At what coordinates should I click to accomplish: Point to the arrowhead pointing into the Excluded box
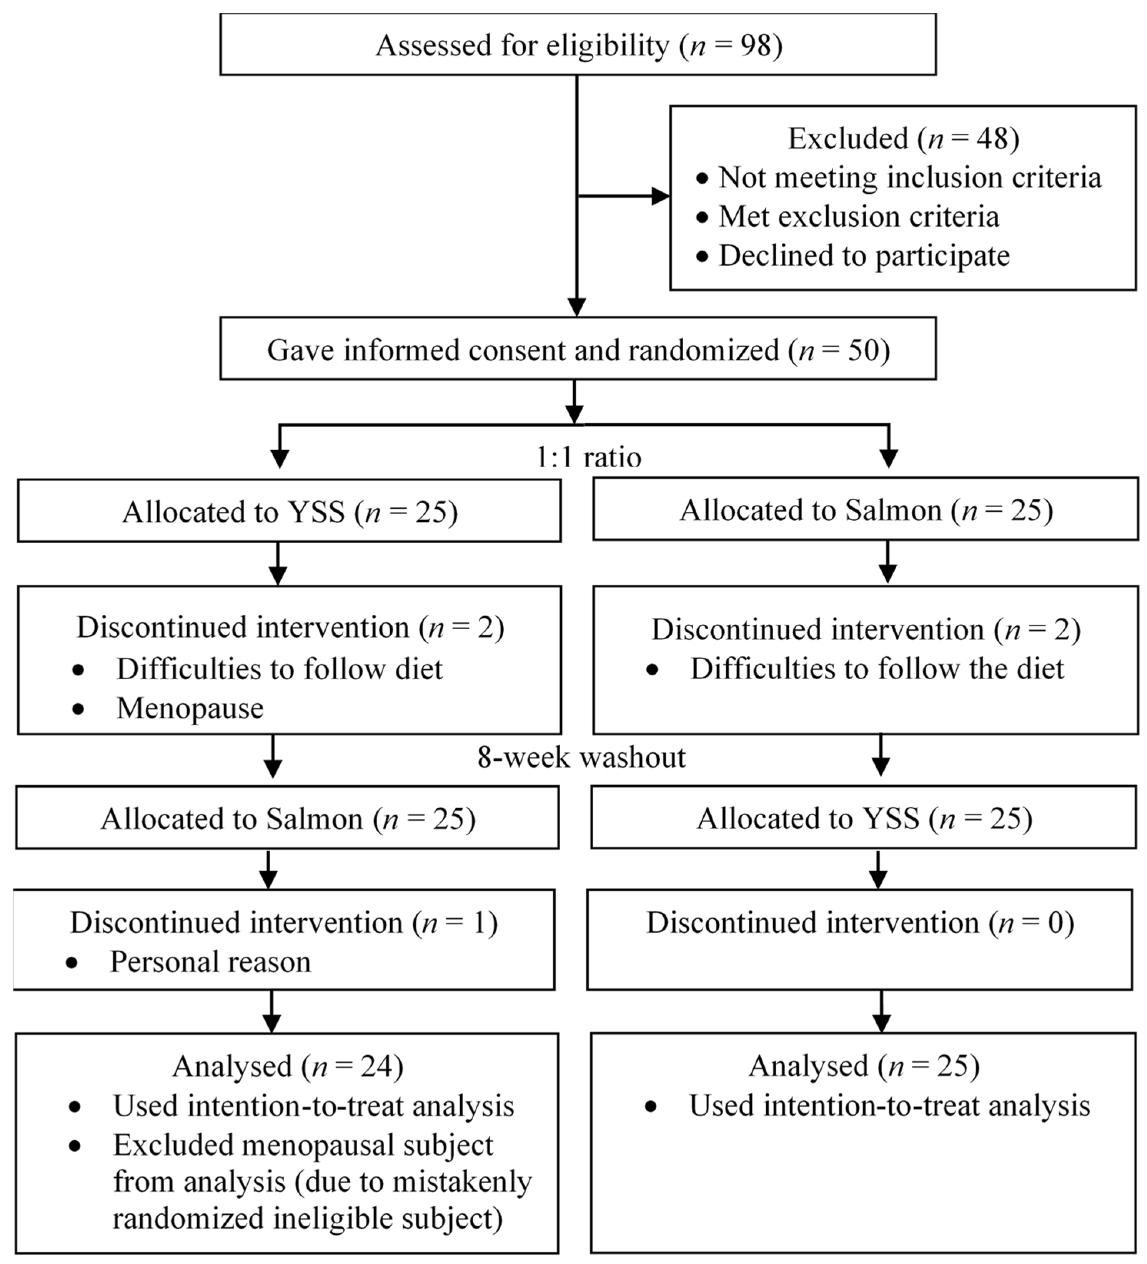pyautogui.click(x=661, y=196)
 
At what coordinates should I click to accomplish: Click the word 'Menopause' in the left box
pyautogui.click(x=190, y=708)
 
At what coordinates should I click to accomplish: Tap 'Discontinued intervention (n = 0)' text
pyautogui.click(x=860, y=923)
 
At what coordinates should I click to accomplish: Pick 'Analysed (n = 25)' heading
pyautogui.click(x=863, y=1066)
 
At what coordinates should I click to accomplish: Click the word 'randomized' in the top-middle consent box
pyautogui.click(x=703, y=350)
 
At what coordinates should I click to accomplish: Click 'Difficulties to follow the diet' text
pyautogui.click(x=877, y=669)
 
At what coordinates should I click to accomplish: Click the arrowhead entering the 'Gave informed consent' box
pyautogui.click(x=576, y=307)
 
